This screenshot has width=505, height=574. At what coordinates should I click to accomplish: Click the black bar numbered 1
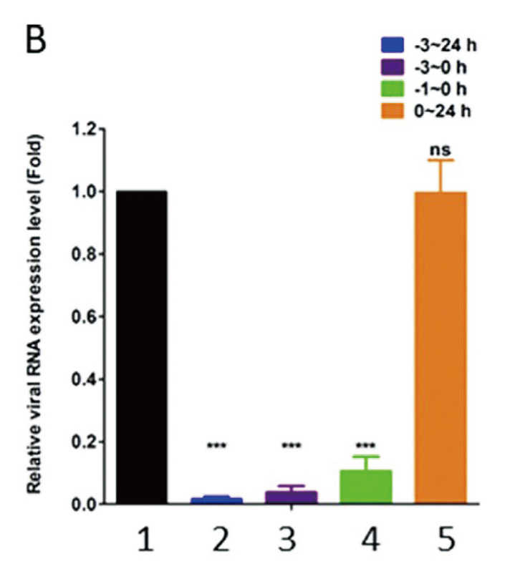click(x=142, y=347)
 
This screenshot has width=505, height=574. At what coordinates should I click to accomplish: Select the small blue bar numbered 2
click(x=216, y=500)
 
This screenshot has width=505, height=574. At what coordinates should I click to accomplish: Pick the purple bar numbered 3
click(x=292, y=497)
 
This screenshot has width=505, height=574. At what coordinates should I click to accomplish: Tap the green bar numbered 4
click(x=366, y=487)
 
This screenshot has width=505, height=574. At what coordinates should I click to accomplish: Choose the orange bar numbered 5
click(x=441, y=348)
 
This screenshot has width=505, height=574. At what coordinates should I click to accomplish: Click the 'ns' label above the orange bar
click(x=440, y=150)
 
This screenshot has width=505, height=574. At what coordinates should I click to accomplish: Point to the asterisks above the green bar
click(x=366, y=445)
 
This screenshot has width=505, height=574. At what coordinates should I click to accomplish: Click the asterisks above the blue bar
click(x=217, y=445)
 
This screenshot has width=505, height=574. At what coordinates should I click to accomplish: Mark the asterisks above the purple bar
click(x=292, y=445)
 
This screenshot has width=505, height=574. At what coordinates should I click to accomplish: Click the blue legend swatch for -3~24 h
click(x=393, y=45)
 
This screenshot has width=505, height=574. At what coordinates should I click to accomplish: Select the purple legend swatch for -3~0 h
click(x=393, y=67)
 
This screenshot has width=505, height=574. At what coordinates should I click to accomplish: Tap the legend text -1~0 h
click(x=441, y=89)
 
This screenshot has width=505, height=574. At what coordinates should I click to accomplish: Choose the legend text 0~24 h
click(x=443, y=110)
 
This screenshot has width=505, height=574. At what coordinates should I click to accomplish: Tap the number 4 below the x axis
click(x=370, y=540)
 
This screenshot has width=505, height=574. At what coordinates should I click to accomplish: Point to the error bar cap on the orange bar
click(x=441, y=160)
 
